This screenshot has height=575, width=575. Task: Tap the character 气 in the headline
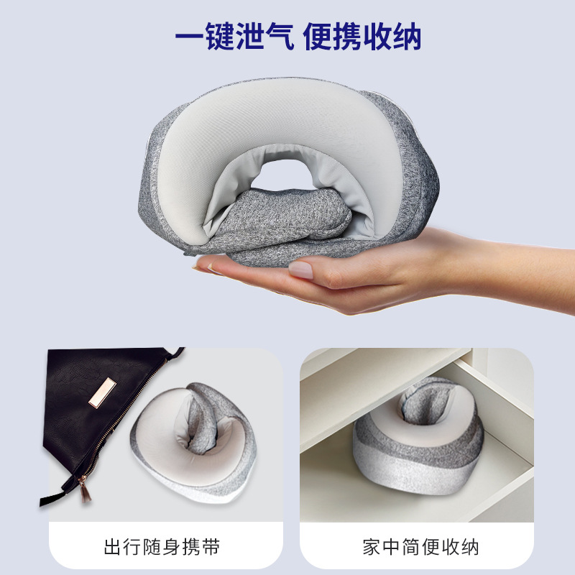pyautogui.click(x=280, y=36)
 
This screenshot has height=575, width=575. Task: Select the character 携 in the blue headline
pyautogui.click(x=347, y=36)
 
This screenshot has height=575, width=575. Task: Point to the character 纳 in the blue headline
pyautogui.click(x=407, y=36)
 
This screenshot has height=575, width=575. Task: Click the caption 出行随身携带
pyautogui.click(x=162, y=547)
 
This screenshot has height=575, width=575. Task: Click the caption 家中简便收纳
pyautogui.click(x=420, y=547)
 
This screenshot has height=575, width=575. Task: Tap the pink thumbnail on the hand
pyautogui.click(x=300, y=270)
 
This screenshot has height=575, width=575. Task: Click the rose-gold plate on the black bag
pyautogui.click(x=102, y=392)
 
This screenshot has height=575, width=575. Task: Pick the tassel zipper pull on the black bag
pyautogui.click(x=86, y=489)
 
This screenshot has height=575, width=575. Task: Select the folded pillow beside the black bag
pyautogui.click(x=193, y=442)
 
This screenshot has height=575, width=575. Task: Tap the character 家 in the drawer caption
pyautogui.click(x=372, y=547)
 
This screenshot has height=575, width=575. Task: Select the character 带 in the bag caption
pyautogui.click(x=211, y=547)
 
